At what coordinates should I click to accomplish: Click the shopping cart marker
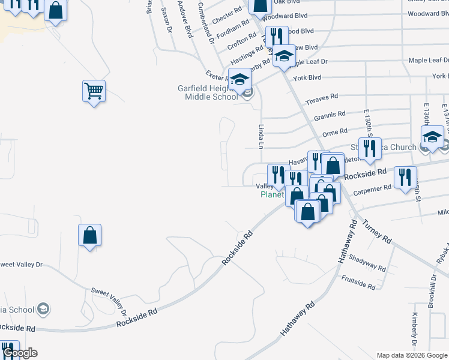point(94,92)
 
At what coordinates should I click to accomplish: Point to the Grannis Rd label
point(330,114)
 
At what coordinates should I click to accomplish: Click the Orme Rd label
point(335,131)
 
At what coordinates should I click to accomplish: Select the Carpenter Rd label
point(372,190)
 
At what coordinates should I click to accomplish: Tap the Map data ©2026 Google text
point(412,355)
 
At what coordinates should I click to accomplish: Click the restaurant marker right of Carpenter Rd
point(405,178)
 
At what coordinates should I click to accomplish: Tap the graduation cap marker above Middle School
point(240,79)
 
